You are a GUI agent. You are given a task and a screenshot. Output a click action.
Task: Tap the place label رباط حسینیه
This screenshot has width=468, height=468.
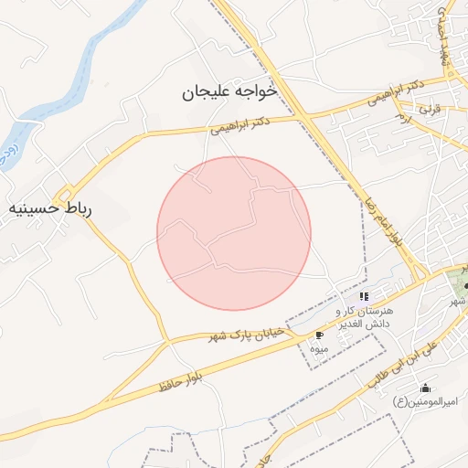pyautogui.click(x=51, y=208)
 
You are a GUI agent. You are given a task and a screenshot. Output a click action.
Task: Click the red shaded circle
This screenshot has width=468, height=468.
pyautogui.click(x=234, y=233)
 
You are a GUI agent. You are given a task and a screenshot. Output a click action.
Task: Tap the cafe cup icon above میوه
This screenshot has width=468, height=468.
pyautogui.click(x=319, y=335)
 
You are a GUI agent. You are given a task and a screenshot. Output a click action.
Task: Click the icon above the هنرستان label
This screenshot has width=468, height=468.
pyautogui.click(x=364, y=296)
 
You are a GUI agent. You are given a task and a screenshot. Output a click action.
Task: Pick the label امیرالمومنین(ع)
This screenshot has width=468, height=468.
pyautogui.click(x=426, y=401)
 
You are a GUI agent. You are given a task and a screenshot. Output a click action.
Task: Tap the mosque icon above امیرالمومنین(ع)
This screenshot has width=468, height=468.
pyautogui.click(x=425, y=388)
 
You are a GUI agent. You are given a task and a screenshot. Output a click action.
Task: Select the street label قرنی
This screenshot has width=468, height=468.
pyautogui.click(x=428, y=109)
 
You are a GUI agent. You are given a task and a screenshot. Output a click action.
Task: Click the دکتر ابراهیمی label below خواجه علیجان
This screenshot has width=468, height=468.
pyautogui.click(x=239, y=124)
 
